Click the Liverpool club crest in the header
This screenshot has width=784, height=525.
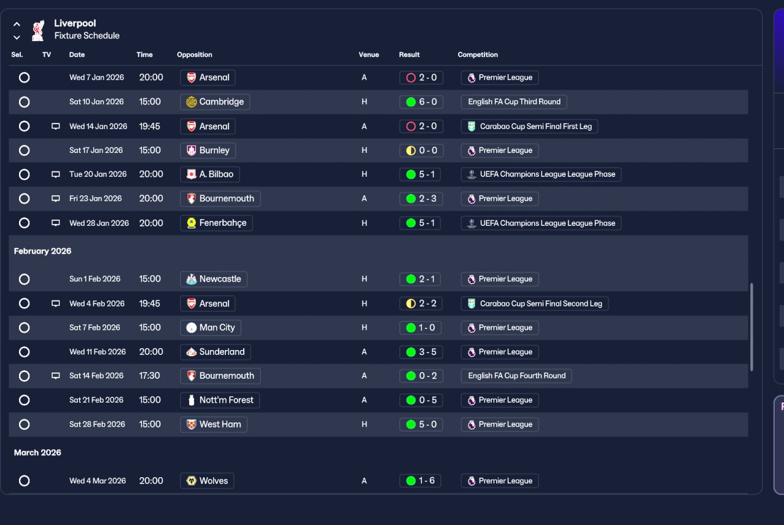click(38, 31)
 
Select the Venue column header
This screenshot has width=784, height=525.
click(369, 54)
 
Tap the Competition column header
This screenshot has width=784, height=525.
click(477, 54)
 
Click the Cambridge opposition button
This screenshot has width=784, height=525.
click(215, 102)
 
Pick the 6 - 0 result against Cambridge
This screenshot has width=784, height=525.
click(421, 102)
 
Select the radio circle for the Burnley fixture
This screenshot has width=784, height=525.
click(24, 151)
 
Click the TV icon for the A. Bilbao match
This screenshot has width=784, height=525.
click(56, 174)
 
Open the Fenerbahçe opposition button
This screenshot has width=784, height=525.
click(216, 223)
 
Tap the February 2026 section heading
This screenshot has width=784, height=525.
click(42, 251)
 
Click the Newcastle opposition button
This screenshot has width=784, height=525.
click(214, 279)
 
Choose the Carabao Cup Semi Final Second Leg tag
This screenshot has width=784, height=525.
click(535, 303)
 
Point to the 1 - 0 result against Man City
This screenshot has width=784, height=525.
click(420, 327)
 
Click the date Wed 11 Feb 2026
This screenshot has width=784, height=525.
click(97, 352)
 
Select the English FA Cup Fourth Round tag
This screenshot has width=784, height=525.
click(516, 376)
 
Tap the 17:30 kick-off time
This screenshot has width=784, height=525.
click(149, 376)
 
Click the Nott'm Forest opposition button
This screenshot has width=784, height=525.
click(220, 400)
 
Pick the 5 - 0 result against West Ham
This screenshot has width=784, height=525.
click(421, 424)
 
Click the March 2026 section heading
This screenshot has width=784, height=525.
click(37, 453)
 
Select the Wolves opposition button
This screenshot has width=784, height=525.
click(207, 480)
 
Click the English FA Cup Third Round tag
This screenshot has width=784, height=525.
click(514, 102)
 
